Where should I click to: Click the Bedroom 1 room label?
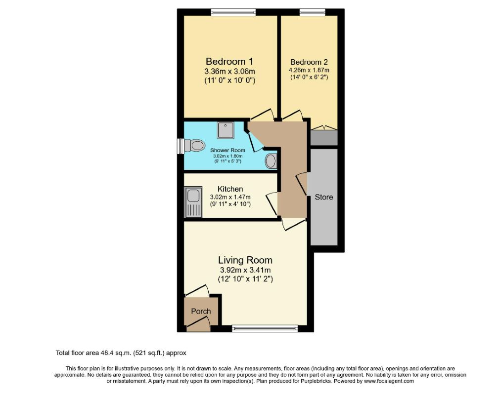229,62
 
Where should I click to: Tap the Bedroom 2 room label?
309,62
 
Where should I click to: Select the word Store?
324,197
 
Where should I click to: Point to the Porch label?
201,311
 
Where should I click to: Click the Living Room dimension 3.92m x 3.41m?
245,270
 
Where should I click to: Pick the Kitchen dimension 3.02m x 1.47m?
230,197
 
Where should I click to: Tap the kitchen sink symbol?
193,201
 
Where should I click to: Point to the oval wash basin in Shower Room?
271,161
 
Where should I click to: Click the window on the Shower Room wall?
181,146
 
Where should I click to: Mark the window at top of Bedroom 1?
233,12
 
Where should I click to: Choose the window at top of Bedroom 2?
312,12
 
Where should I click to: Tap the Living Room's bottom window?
265,328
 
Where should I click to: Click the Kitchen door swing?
272,203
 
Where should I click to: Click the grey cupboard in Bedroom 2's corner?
323,137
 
